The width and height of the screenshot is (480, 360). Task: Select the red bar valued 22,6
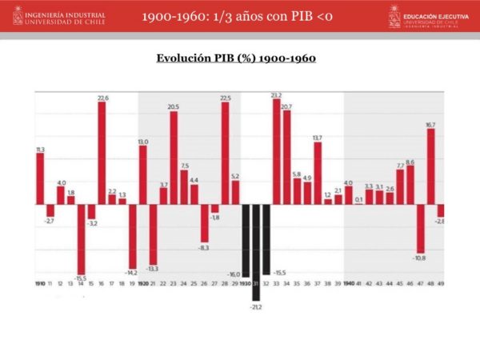tap(102, 152)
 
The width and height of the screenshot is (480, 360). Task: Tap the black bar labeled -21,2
tap(256, 252)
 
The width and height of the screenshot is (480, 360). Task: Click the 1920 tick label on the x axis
tap(143, 284)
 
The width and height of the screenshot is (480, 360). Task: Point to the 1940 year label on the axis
tap(348, 284)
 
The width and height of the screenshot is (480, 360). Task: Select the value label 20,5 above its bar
tap(174, 107)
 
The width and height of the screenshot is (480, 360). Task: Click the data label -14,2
tap(132, 273)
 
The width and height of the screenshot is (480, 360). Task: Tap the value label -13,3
tap(153, 268)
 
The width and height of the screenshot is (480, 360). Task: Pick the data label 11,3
tap(40, 150)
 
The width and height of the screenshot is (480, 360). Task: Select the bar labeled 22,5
tap(226, 152)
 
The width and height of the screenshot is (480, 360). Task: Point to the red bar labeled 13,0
tap(143, 174)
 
